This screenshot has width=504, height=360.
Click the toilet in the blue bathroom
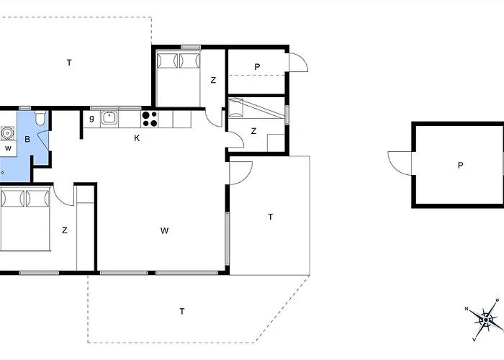point(40,118)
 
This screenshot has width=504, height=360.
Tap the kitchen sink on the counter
point(109,117)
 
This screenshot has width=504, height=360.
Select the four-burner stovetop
point(150,119)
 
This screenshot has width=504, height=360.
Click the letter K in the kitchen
point(137,138)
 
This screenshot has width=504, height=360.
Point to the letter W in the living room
point(164,230)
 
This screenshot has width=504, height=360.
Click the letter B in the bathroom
point(27,140)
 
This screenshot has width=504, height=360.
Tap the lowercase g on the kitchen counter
point(91,118)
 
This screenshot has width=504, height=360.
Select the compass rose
point(485,320)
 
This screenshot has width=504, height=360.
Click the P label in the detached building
point(460,166)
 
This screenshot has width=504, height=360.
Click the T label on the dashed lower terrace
point(182,312)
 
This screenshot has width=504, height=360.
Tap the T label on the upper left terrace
point(69,63)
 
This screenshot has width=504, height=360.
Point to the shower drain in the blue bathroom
point(3,173)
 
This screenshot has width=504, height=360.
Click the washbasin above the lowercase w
point(7,132)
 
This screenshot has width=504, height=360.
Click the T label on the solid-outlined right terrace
point(271,217)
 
